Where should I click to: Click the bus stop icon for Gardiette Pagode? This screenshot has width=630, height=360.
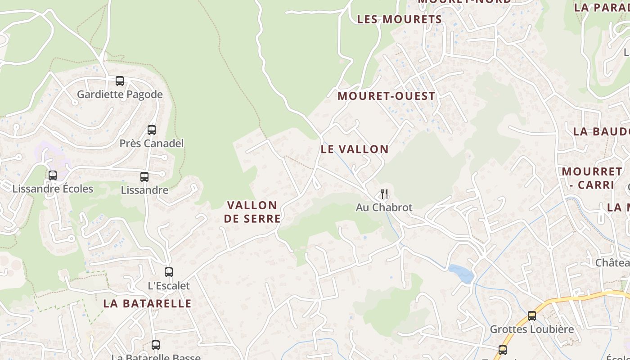point(120,81)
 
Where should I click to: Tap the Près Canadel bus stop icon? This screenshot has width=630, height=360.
point(152,130)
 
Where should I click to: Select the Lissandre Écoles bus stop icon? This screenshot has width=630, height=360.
point(53,175)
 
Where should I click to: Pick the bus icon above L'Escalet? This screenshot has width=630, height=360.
point(169,272)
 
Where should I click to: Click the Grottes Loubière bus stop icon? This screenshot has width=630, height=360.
point(532,316)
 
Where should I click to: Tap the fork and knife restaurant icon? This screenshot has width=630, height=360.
point(384,194)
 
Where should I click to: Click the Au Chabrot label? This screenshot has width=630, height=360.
point(384,207)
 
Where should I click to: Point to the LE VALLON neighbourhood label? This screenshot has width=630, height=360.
point(355,149)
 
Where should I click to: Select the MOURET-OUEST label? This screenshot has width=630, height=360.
point(386,96)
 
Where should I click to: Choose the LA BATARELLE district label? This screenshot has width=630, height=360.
point(147,304)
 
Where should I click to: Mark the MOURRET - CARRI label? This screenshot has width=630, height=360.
point(592,178)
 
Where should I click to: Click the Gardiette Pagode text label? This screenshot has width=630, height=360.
point(120,94)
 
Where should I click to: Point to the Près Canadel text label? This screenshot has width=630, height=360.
point(152,144)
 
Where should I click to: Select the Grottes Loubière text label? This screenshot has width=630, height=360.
point(531,329)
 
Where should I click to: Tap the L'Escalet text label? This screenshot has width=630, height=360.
point(169,286)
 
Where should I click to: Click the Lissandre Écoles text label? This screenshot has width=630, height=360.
point(53,189)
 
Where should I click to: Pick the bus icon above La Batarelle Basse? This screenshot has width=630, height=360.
point(156,345)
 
